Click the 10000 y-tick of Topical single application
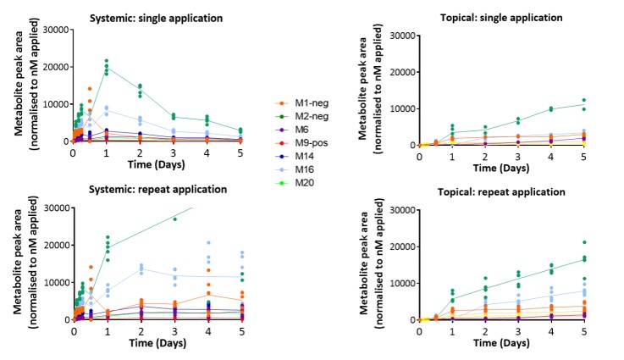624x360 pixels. [400, 108]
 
